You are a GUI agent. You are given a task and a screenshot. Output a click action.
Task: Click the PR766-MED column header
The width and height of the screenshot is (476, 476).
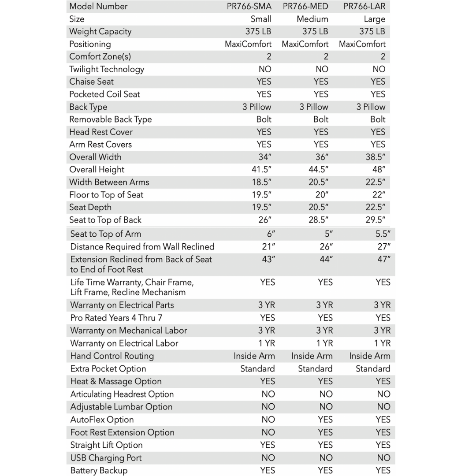pos(305,6)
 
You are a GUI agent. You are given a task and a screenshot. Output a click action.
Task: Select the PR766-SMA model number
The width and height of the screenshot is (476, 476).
pos(249,6)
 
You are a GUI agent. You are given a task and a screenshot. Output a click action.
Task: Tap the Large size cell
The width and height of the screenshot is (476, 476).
pos(375,19)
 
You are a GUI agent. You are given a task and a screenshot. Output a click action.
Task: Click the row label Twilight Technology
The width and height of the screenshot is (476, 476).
pos(106,69)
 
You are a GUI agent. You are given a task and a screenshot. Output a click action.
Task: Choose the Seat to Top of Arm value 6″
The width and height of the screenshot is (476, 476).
pos(271,234)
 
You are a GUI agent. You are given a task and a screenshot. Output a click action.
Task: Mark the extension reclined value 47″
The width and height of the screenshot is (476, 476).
pos(383,260)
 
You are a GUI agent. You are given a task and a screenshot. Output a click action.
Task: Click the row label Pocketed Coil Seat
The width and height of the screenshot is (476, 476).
pos(104,94)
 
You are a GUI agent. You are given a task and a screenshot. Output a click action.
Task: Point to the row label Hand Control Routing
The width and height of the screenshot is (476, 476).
pos(112,356)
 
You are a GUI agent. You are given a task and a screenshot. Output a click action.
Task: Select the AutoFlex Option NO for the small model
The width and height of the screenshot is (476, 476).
pos(268,420)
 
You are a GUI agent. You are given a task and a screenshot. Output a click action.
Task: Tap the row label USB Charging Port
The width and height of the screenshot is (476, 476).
pos(106,458)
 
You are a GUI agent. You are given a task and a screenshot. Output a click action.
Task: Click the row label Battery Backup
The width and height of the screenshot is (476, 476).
pos(99,471)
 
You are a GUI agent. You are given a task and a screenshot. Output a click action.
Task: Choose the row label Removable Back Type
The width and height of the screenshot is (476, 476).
pos(110,119)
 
